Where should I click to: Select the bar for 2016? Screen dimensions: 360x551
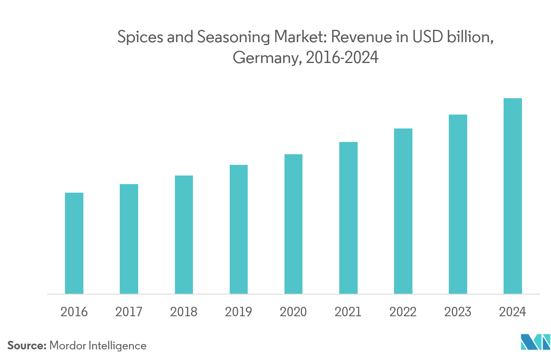point(74,243)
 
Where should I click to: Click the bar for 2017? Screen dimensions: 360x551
point(129,239)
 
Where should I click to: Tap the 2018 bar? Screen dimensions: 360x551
point(184,234)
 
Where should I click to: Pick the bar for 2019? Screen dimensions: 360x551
point(239,229)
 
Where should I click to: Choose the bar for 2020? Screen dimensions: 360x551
point(293,224)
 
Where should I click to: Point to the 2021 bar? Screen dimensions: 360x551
point(348,218)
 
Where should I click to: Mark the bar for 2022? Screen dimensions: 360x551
point(403,211)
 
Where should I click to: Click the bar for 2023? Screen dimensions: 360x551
point(458,204)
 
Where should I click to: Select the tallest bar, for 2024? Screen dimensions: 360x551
point(513,196)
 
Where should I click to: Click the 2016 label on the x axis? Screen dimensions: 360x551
point(74,312)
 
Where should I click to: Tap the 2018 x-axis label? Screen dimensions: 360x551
point(184,312)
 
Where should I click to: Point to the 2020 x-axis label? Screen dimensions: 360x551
point(293,312)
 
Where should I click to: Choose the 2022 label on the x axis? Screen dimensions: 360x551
point(403,312)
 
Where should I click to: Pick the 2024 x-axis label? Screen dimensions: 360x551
point(513,312)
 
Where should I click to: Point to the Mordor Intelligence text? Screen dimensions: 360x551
point(98,346)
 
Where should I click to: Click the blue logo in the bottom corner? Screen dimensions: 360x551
point(535,342)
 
